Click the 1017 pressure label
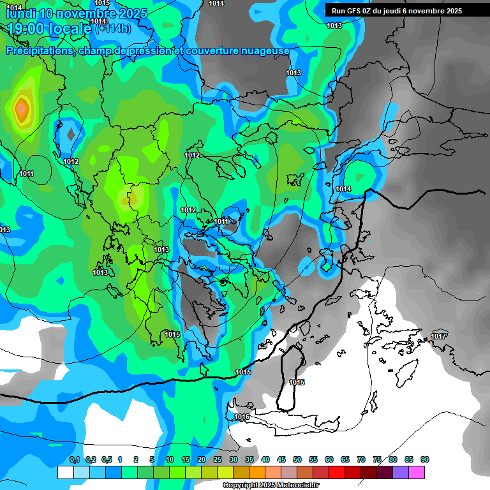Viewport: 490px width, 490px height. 438,336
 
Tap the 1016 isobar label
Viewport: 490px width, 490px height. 242,417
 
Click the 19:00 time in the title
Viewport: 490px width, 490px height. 24,28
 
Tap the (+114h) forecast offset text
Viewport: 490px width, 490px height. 113,28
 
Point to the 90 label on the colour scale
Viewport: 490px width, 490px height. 425,459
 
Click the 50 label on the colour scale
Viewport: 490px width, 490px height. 297,459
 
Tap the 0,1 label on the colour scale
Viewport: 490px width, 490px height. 75,459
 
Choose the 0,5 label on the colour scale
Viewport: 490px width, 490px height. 107,459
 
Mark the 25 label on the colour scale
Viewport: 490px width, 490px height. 218,459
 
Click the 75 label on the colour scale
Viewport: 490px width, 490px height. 377,459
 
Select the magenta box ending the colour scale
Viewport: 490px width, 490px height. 417,472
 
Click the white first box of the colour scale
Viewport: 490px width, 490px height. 65,472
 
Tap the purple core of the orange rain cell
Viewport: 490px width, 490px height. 22,109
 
